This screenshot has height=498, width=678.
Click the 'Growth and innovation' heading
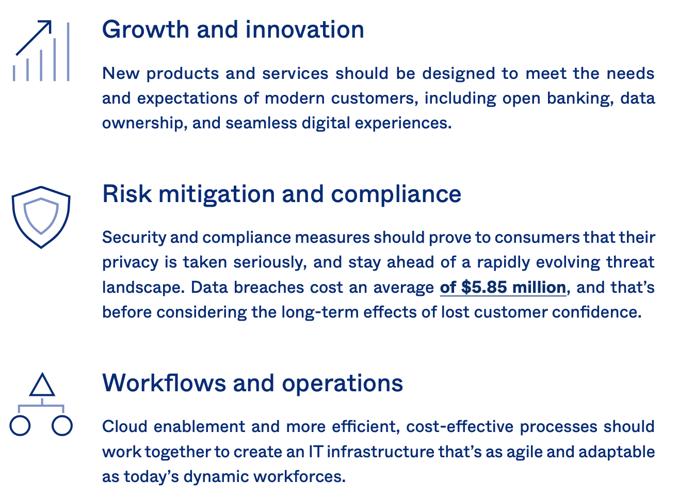(233, 29)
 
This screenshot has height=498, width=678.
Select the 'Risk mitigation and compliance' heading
(282, 195)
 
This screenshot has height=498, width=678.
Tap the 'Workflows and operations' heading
(253, 384)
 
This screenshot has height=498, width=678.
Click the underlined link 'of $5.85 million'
(503, 287)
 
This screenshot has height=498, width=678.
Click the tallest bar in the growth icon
(68, 52)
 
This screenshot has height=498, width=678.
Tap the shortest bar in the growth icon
(14, 73)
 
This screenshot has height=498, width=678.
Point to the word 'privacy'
(131, 263)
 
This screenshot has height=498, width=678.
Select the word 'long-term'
(320, 312)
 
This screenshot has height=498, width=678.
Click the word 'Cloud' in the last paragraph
(125, 427)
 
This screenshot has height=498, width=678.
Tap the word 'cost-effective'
(460, 427)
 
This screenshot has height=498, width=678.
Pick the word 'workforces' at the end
(299, 476)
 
